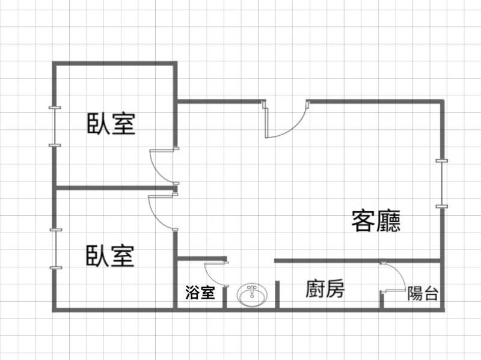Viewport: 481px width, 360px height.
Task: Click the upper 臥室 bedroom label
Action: point(111,124)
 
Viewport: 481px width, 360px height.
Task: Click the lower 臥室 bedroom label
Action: point(110,255)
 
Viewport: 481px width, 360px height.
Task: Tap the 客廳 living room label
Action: point(376,221)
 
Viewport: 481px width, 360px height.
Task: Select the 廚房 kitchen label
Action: point(325,288)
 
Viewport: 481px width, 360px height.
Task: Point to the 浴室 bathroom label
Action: point(200,292)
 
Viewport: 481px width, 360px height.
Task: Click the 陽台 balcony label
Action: point(423,293)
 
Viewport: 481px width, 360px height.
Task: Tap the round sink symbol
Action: point(252,295)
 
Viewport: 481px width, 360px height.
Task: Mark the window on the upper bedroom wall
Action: point(55,126)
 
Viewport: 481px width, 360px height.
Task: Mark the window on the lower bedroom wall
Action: point(56,249)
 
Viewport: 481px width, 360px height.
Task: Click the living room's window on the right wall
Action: point(442,183)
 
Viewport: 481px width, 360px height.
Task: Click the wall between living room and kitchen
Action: point(357,261)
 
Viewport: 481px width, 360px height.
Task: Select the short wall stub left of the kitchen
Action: point(277,294)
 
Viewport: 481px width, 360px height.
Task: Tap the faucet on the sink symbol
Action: point(252,290)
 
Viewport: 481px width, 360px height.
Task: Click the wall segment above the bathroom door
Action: point(202,258)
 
